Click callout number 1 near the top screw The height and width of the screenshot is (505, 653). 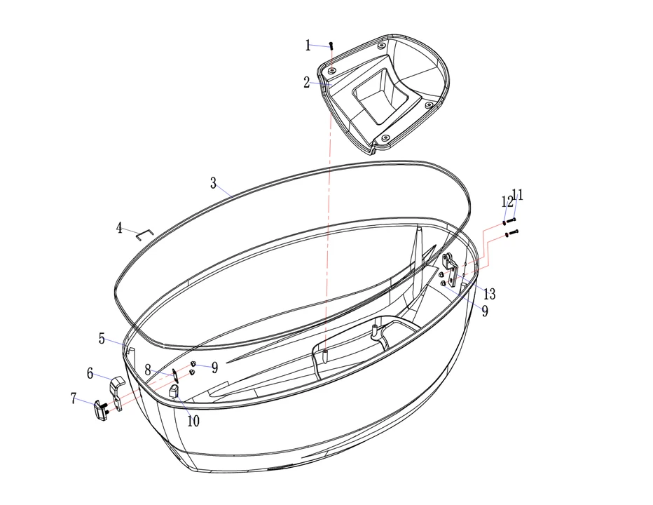(308, 45)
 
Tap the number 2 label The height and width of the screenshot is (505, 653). (306, 83)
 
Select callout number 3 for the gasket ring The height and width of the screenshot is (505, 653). (213, 183)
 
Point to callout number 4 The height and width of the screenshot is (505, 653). (119, 228)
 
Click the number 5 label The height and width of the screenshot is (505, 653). (102, 339)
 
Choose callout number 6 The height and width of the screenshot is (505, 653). (90, 373)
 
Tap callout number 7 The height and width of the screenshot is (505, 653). (74, 398)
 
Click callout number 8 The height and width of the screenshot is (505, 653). (148, 370)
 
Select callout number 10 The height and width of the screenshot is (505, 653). (193, 421)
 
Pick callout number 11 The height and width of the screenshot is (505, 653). (518, 195)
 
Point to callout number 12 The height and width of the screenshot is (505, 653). (507, 202)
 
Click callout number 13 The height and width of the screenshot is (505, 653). (489, 294)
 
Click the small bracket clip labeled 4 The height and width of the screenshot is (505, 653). (145, 234)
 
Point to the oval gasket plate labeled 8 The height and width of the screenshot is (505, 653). (176, 375)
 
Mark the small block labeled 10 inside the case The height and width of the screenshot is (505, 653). (174, 391)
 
